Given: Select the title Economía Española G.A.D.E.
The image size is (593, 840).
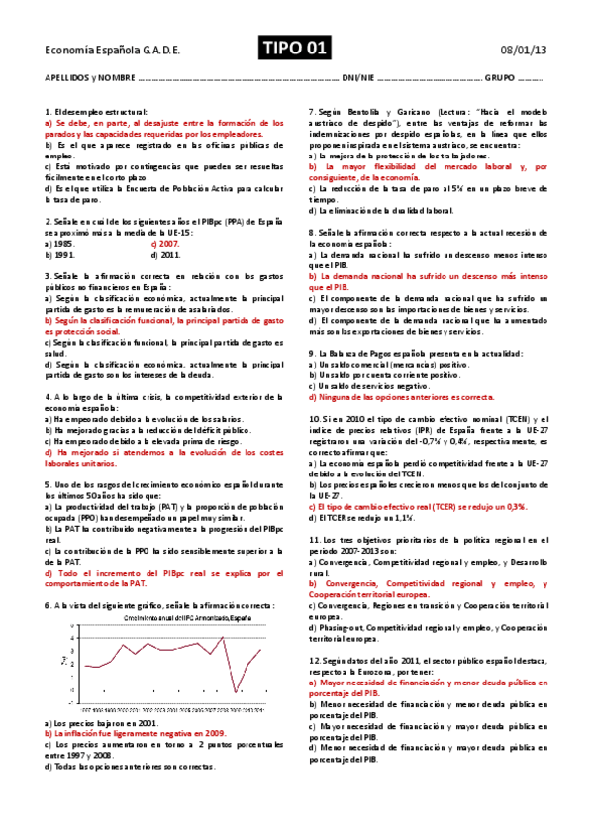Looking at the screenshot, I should [x=97, y=50].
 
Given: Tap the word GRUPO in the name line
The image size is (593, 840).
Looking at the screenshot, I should [x=500, y=76].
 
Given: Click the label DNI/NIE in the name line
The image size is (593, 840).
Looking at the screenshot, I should [x=356, y=76].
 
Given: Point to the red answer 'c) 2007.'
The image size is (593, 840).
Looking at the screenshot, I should [x=165, y=243].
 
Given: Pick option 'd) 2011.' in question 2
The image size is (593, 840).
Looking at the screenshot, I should [x=164, y=254].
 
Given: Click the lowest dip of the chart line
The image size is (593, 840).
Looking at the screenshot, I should [x=235, y=691].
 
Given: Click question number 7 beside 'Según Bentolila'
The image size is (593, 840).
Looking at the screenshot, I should [x=312, y=112].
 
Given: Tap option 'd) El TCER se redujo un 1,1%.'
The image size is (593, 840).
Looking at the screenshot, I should [x=358, y=516].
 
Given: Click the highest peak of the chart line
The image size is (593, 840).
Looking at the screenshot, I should [x=222, y=638].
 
